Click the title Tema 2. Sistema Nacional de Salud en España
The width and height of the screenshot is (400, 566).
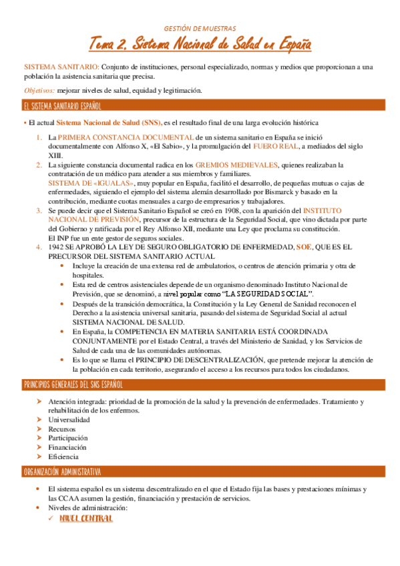[200, 45]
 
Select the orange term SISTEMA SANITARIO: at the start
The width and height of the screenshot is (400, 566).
[61, 67]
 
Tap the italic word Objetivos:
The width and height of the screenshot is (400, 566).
[39, 90]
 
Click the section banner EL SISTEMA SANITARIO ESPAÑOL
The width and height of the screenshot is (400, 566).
[62, 106]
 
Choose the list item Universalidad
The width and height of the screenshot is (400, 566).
[69, 420]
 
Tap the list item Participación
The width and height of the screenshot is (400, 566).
[68, 438]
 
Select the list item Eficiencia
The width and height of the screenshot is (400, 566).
[63, 457]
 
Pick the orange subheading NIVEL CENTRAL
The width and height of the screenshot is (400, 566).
[85, 518]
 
